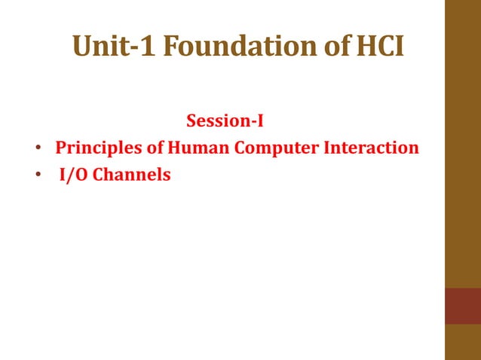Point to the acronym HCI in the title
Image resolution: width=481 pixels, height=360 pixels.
point(381,47)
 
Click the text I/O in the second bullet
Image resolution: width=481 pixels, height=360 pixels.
point(74,175)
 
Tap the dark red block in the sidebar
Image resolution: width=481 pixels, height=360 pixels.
point(463,306)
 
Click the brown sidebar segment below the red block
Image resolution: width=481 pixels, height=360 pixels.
point(463,342)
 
